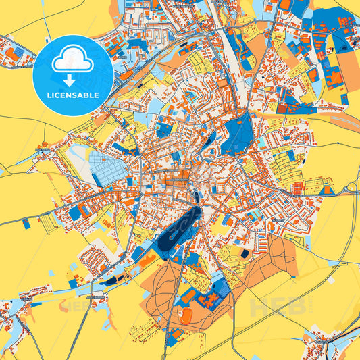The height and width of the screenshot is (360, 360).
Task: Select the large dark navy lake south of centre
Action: point(181,226)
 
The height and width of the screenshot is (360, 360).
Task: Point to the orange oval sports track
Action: point(184,315)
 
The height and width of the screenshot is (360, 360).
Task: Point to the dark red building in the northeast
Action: point(282,107)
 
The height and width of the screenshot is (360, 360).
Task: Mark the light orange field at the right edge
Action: point(348,68)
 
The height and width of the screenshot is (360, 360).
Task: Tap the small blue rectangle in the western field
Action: point(26,223)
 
